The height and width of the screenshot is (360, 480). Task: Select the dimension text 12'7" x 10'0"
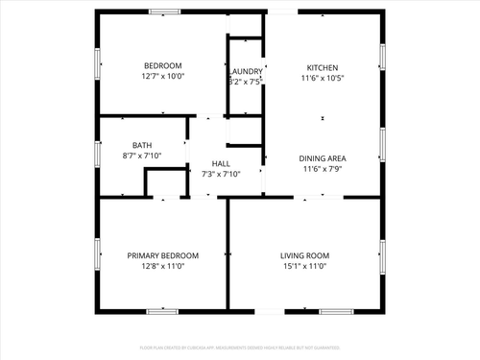162,76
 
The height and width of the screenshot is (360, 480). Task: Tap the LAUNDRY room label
246,71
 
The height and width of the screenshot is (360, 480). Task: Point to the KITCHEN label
322,67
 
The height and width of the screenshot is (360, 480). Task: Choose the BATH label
142,145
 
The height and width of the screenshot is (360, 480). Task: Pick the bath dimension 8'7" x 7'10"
142,156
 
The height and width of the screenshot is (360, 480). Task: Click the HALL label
221,163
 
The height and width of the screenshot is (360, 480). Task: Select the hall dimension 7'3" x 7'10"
221,174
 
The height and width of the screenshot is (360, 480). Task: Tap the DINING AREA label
324,157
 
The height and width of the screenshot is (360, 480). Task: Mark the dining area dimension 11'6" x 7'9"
324,169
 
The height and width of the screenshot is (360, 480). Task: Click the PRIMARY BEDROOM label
163,255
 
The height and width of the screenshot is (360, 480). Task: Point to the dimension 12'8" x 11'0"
163,267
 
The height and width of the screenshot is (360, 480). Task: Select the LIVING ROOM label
304,255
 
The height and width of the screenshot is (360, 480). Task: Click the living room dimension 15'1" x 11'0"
304,267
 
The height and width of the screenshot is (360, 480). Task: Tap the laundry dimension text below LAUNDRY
246,83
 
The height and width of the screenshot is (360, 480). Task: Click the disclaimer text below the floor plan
240,347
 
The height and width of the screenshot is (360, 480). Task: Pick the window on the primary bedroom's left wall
96,254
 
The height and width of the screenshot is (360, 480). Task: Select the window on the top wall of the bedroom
164,12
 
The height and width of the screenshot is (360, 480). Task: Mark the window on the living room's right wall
382,254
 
